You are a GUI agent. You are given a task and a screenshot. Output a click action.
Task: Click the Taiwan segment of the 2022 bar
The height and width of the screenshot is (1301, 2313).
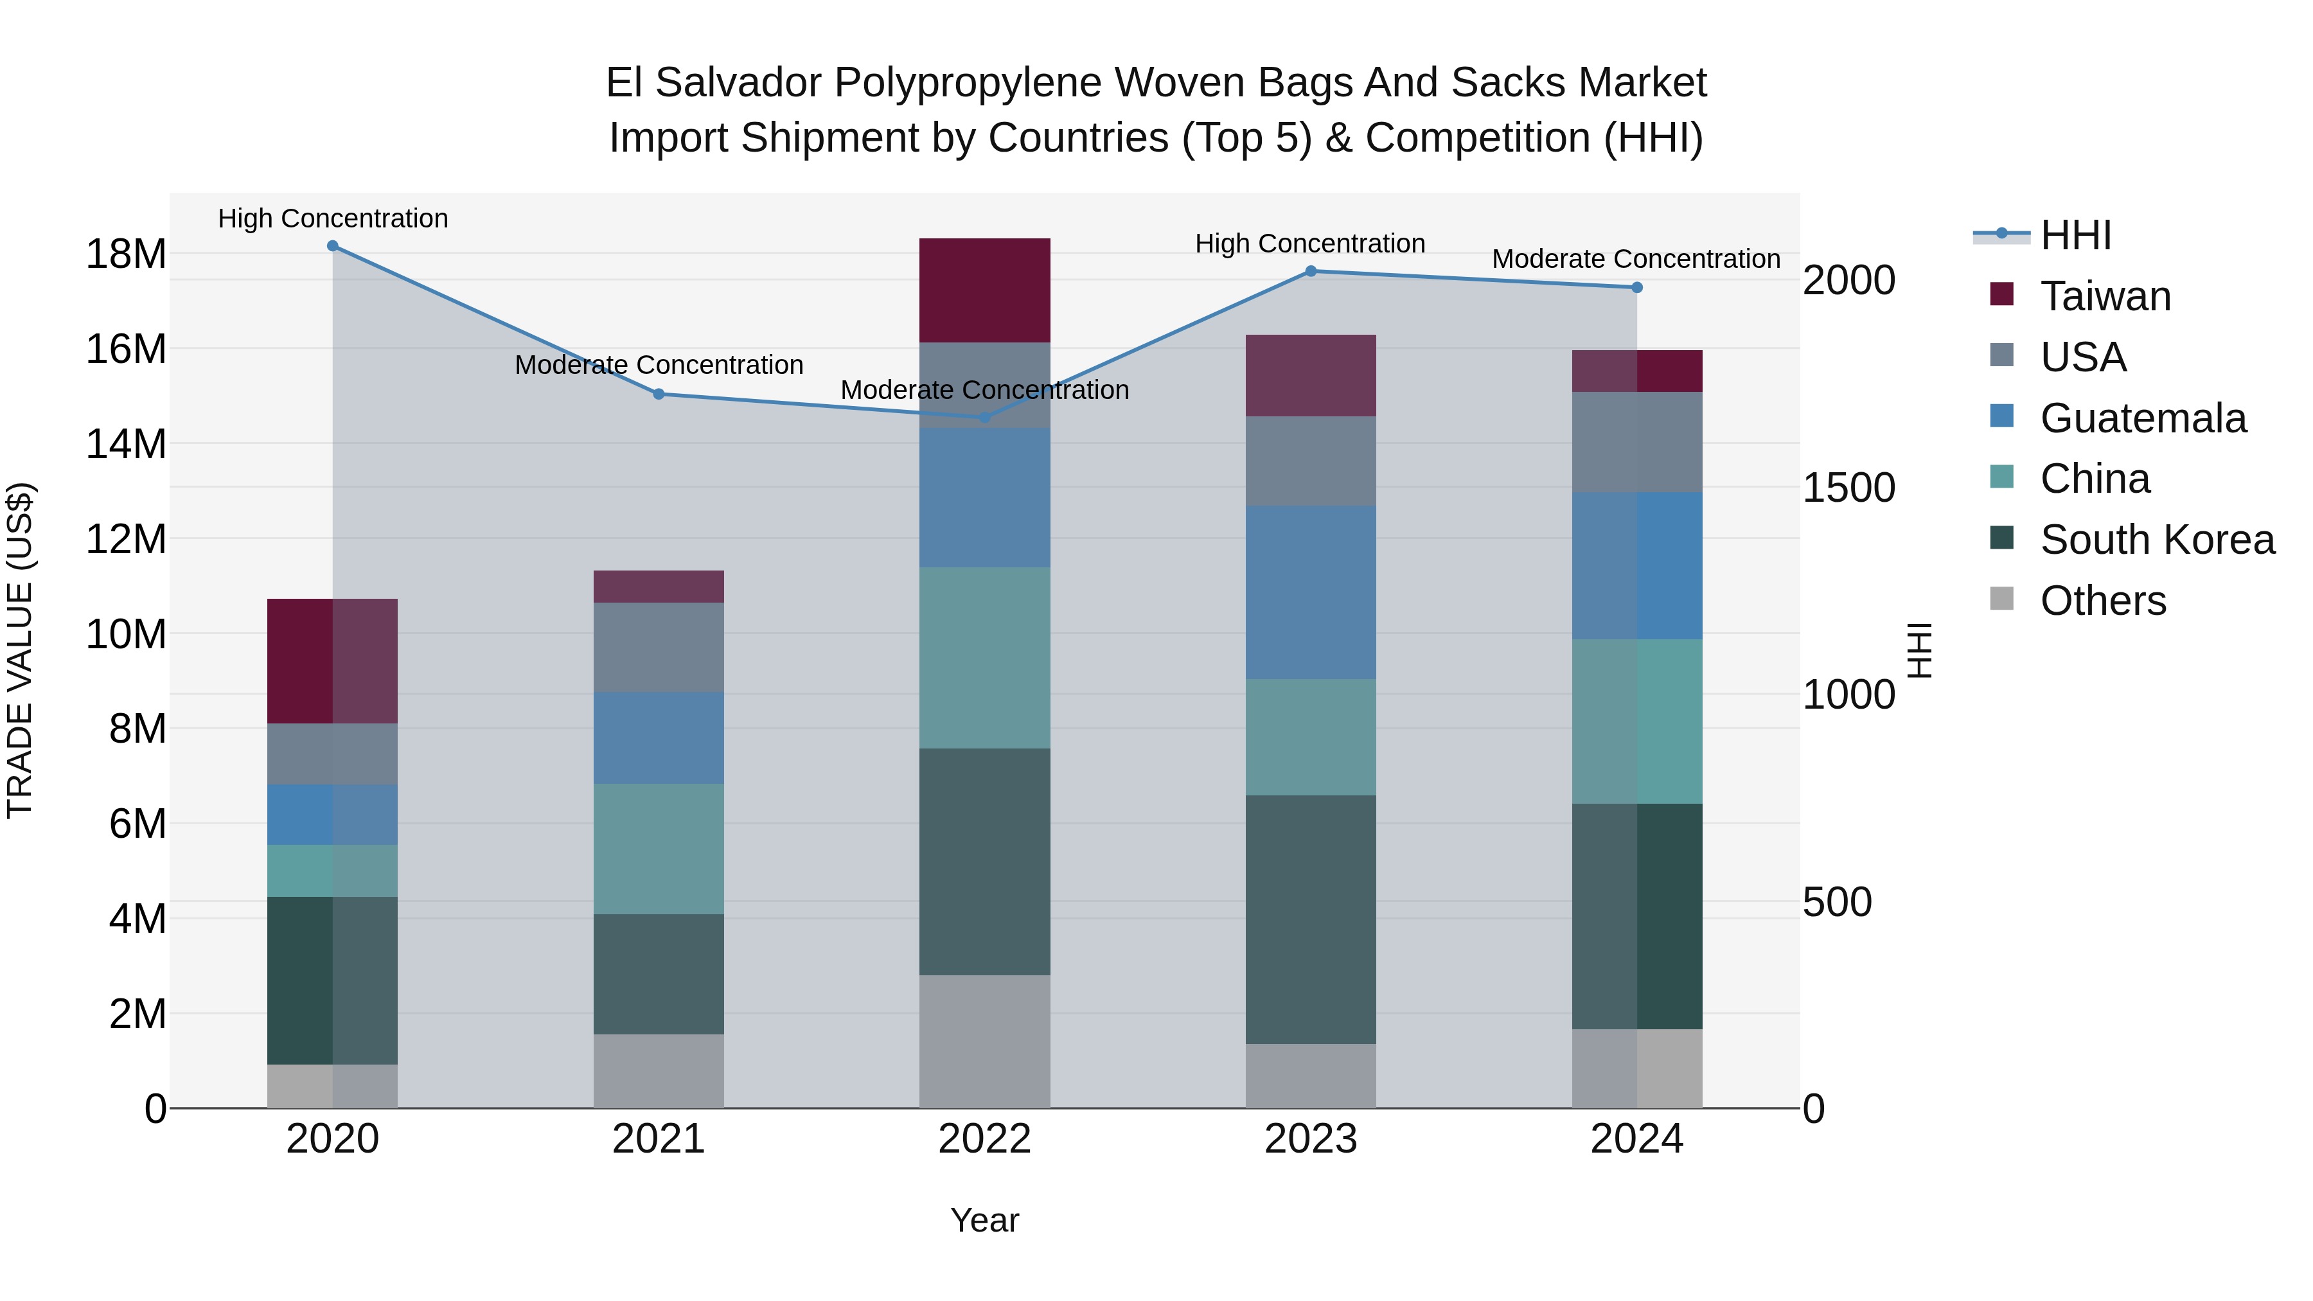point(984,290)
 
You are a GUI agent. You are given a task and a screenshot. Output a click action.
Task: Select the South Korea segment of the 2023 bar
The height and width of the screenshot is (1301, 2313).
point(1310,919)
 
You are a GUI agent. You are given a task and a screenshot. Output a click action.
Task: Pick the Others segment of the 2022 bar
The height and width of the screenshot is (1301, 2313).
point(984,1041)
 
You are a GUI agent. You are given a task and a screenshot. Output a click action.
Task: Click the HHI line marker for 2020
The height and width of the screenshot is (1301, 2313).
point(333,246)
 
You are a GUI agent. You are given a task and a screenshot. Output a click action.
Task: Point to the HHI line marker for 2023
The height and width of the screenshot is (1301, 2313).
point(1310,271)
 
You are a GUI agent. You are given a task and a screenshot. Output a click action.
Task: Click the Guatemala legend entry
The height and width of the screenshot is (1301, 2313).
point(2142,418)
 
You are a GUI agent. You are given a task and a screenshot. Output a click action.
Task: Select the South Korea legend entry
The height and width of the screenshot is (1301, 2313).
point(2157,540)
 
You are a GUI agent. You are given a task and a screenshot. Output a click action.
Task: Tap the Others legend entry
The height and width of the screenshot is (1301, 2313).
point(2102,601)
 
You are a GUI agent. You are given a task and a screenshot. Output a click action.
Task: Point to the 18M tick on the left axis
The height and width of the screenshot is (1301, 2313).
point(126,254)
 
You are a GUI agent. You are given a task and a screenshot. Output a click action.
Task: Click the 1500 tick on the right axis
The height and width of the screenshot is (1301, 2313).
point(1848,488)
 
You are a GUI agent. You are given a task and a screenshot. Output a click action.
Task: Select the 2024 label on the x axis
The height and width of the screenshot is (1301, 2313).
point(1636,1139)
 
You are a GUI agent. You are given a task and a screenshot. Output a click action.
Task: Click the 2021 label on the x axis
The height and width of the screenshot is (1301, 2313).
point(658,1139)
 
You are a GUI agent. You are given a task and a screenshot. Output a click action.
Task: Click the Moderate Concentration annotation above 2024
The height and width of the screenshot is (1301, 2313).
point(1635,258)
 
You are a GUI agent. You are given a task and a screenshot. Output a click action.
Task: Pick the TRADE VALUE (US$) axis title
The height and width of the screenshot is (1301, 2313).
point(20,650)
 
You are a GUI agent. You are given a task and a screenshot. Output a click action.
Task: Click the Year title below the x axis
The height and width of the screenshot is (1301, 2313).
point(984,1220)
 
